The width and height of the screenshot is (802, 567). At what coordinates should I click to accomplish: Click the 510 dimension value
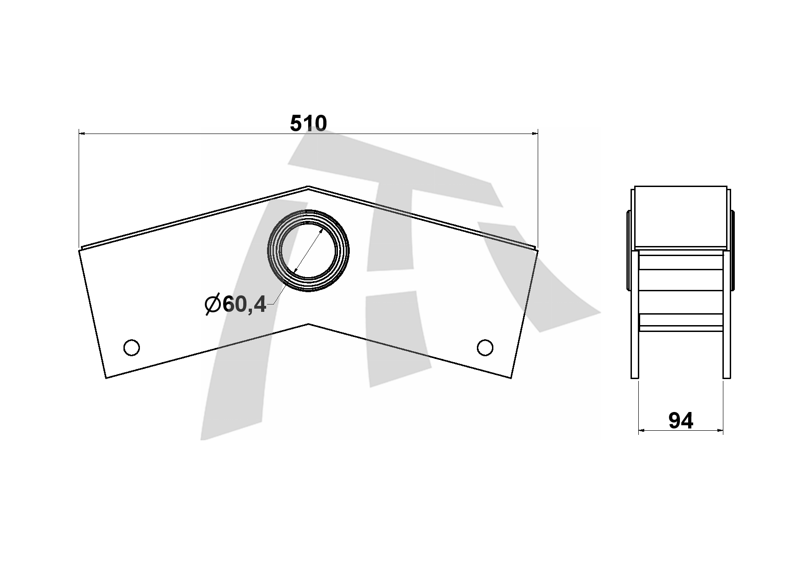point(309,123)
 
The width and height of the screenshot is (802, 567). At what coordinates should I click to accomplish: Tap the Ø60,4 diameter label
point(235,304)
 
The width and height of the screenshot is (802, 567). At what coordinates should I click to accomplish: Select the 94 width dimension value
point(681,421)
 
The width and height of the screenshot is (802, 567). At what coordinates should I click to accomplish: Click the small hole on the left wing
point(132,348)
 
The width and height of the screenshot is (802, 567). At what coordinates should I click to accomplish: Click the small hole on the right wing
point(485,348)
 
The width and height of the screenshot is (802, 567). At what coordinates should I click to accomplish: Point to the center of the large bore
point(309,250)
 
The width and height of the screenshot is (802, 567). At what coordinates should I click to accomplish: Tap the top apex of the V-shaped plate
point(308,186)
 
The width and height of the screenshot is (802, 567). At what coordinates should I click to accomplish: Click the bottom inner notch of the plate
point(309,324)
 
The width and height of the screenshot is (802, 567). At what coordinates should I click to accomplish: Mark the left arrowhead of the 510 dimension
point(83,134)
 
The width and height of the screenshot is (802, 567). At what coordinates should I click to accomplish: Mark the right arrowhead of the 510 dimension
point(534,134)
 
